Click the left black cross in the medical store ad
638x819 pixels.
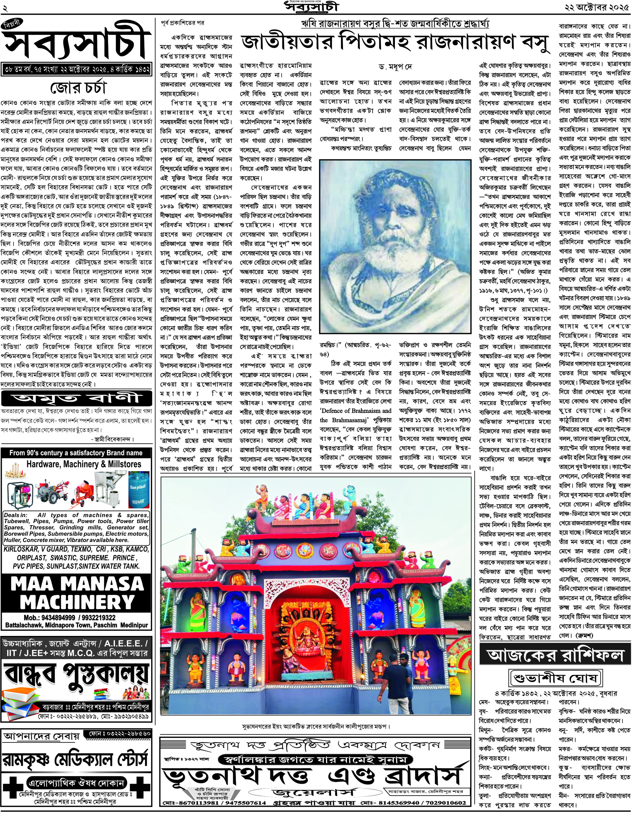click(x=12, y=784)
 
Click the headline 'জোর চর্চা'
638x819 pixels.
click(x=78, y=88)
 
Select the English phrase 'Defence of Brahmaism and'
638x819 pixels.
click(x=355, y=411)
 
